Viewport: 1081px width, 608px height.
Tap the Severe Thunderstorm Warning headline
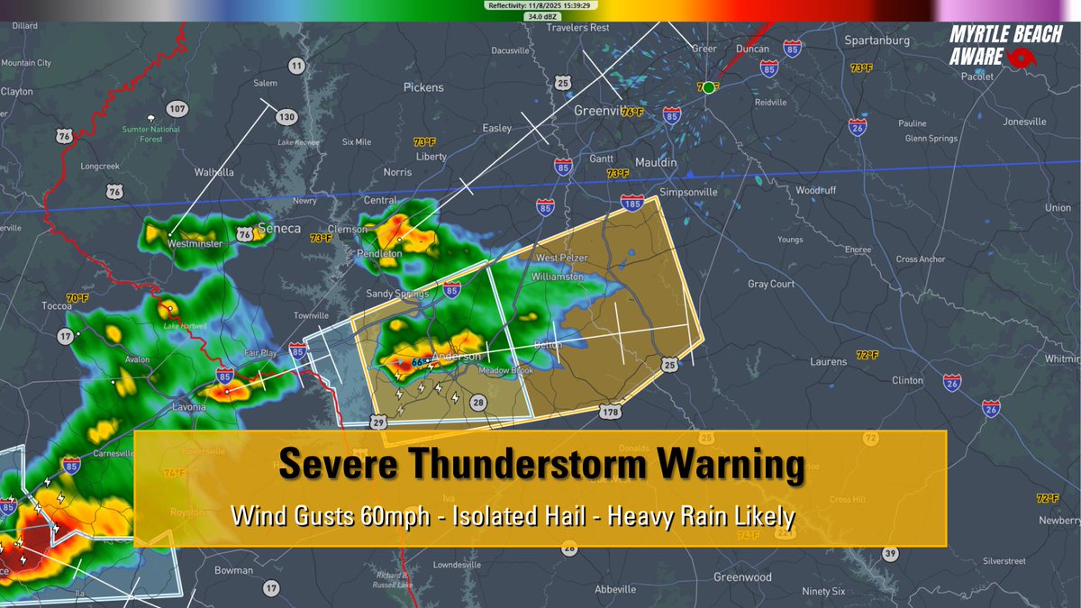pos(540,466)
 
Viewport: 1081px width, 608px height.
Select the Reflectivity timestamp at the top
pos(540,5)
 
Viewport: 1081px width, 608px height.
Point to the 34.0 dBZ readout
pos(540,16)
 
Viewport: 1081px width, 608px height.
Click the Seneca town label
pos(278,229)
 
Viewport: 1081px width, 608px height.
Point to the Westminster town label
pos(195,243)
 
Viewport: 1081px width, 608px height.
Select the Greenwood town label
pos(742,576)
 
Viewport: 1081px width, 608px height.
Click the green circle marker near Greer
pos(709,87)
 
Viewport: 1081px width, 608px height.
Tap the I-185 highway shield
pos(633,206)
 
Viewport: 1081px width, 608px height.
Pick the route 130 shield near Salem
pos(286,117)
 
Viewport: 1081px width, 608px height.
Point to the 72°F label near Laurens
pos(868,355)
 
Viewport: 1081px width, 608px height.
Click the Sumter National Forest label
pos(152,134)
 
